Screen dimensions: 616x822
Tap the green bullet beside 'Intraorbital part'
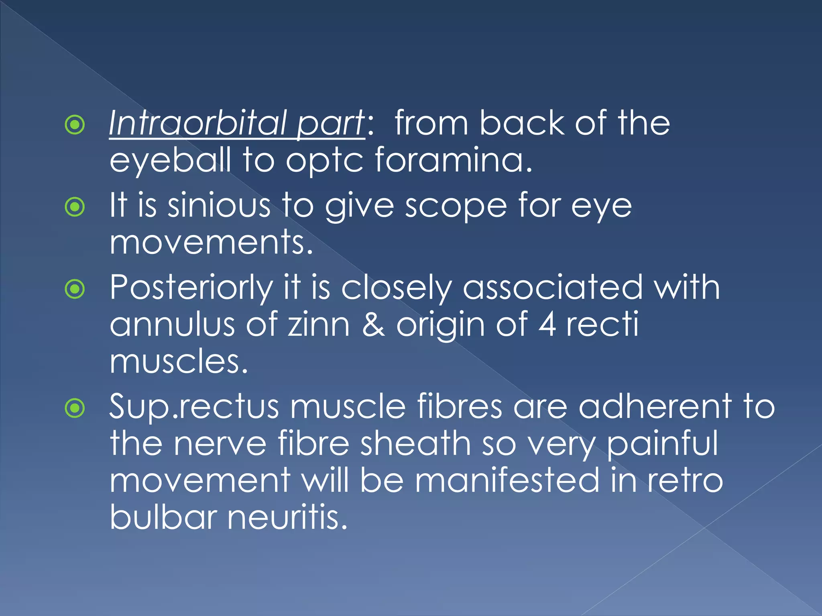pos(75,125)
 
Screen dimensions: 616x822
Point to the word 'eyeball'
pos(171,160)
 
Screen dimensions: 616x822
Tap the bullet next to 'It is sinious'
pos(75,207)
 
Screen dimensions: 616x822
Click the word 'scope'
pos(456,207)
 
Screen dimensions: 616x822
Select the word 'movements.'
pos(211,243)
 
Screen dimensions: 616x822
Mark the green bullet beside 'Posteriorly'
pos(75,289)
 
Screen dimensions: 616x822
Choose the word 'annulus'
pos(172,324)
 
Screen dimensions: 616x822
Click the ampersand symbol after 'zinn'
pos(373,324)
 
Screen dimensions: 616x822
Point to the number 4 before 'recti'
pos(547,324)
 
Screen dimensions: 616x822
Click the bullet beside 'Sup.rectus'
pos(75,408)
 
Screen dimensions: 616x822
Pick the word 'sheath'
pos(415,444)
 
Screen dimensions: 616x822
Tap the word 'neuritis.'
pos(287,517)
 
